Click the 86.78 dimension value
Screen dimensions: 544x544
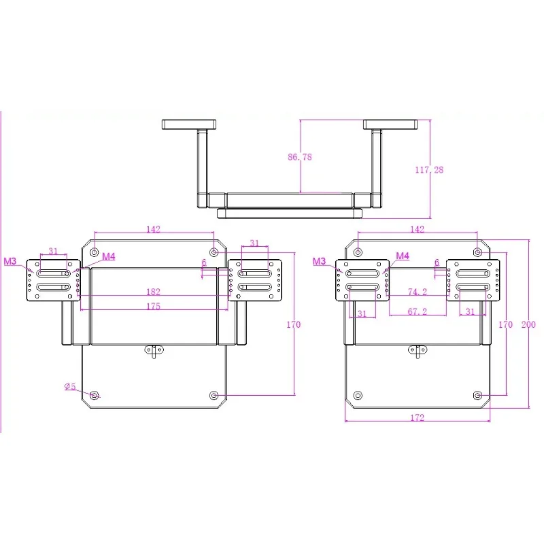point(300,157)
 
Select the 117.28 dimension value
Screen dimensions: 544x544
point(429,169)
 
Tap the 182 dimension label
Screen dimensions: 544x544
point(154,292)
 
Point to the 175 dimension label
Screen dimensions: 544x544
point(154,306)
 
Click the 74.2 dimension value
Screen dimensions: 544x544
point(418,292)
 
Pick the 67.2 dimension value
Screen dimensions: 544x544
point(418,311)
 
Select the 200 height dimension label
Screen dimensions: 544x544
point(528,324)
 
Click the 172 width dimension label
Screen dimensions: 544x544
point(418,418)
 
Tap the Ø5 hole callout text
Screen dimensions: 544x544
point(70,386)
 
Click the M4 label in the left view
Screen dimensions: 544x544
point(109,256)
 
